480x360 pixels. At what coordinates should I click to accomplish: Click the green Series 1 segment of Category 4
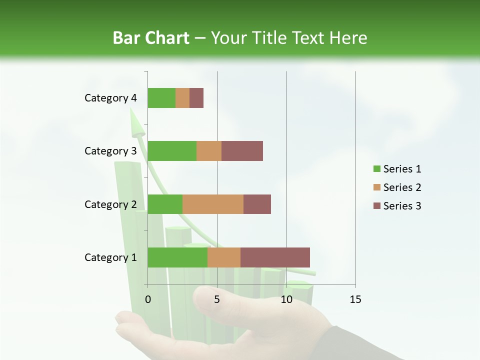pyautogui.click(x=161, y=98)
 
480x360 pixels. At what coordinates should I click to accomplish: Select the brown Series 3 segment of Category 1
pyautogui.click(x=275, y=257)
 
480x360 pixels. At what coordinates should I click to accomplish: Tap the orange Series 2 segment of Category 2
pyautogui.click(x=213, y=204)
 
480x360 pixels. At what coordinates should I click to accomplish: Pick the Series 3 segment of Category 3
pyautogui.click(x=242, y=151)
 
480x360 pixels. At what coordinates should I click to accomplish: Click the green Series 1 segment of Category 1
pyautogui.click(x=177, y=257)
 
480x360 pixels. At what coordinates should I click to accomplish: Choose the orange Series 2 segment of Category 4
pyautogui.click(x=182, y=98)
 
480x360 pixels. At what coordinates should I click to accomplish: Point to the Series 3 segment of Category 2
pyautogui.click(x=257, y=204)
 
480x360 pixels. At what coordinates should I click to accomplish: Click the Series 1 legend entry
pyautogui.click(x=397, y=169)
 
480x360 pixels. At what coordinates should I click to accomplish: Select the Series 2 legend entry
pyautogui.click(x=397, y=187)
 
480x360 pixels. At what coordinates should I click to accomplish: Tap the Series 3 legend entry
pyautogui.click(x=397, y=206)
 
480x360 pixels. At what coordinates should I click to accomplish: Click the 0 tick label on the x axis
pyautogui.click(x=148, y=299)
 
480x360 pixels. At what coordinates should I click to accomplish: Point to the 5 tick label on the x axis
pyautogui.click(x=217, y=299)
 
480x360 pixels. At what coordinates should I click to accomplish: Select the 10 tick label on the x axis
pyautogui.click(x=286, y=299)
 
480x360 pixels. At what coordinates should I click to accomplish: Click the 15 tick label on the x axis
pyautogui.click(x=355, y=299)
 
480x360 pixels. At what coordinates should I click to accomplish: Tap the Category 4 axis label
pyautogui.click(x=110, y=98)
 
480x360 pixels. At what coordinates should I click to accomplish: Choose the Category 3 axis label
pyautogui.click(x=110, y=151)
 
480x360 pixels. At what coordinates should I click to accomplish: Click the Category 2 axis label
pyautogui.click(x=110, y=204)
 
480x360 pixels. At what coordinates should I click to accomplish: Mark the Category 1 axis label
pyautogui.click(x=110, y=257)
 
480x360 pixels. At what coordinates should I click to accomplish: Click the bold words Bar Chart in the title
pyautogui.click(x=151, y=38)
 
